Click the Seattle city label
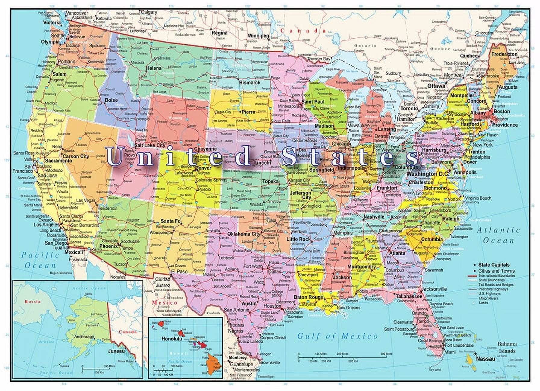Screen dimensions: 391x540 [x=58, y=35]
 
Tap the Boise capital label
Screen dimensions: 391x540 [x=111, y=100]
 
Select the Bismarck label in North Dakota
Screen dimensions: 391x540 [x=250, y=82]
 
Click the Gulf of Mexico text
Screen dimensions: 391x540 [x=337, y=336]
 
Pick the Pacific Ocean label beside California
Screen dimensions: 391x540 [x=40, y=260]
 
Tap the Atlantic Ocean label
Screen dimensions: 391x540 [x=498, y=235]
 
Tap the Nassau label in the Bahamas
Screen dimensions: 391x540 [x=485, y=359]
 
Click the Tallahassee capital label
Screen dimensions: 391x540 [x=409, y=296]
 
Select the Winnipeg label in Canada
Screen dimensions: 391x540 [x=258, y=36]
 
